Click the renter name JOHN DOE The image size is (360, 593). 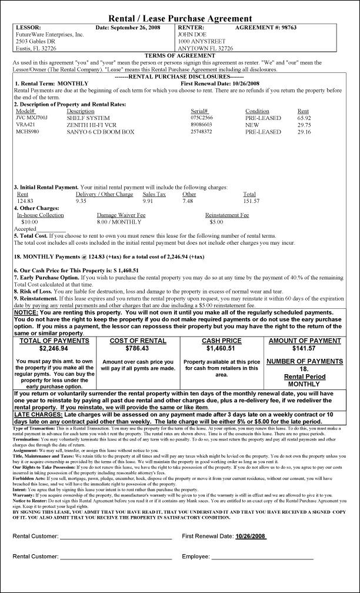pos(189,34)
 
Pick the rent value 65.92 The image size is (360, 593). pos(304,118)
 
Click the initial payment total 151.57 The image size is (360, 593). pos(251,201)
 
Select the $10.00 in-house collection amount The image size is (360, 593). pos(29,222)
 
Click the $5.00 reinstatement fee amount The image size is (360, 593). pos(216,222)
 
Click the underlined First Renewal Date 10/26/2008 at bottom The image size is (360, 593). pos(251,536)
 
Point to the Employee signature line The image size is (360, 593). pos(262,557)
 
